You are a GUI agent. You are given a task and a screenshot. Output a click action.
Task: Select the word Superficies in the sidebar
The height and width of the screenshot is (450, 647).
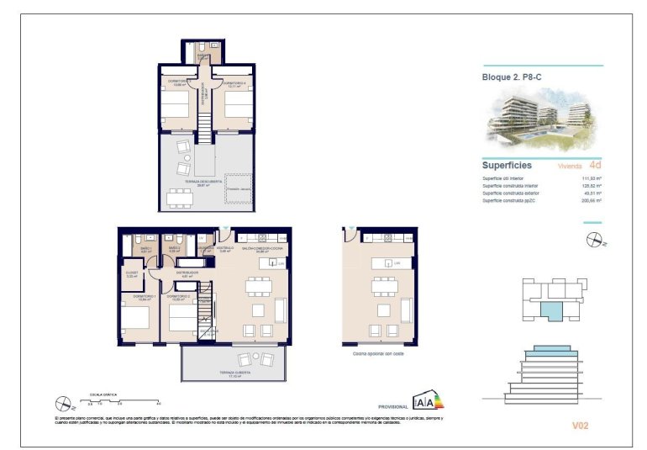pyautogui.click(x=507, y=165)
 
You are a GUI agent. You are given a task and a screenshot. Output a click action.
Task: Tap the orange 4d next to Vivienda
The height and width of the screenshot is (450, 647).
pyautogui.click(x=595, y=166)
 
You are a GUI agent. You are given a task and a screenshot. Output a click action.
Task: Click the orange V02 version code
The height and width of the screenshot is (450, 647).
pyautogui.click(x=580, y=426)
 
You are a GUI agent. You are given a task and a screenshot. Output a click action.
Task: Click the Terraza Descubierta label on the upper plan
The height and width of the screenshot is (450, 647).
pyautogui.click(x=205, y=185)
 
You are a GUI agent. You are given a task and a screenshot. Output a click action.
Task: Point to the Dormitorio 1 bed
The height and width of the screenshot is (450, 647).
pyautogui.click(x=135, y=320)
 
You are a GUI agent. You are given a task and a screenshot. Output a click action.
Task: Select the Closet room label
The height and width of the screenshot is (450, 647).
pyautogui.click(x=131, y=275)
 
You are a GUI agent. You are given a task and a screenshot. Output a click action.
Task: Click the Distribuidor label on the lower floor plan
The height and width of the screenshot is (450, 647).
pyautogui.click(x=187, y=273)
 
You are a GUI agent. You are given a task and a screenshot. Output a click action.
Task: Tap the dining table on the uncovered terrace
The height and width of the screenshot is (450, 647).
pyautogui.click(x=179, y=199)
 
